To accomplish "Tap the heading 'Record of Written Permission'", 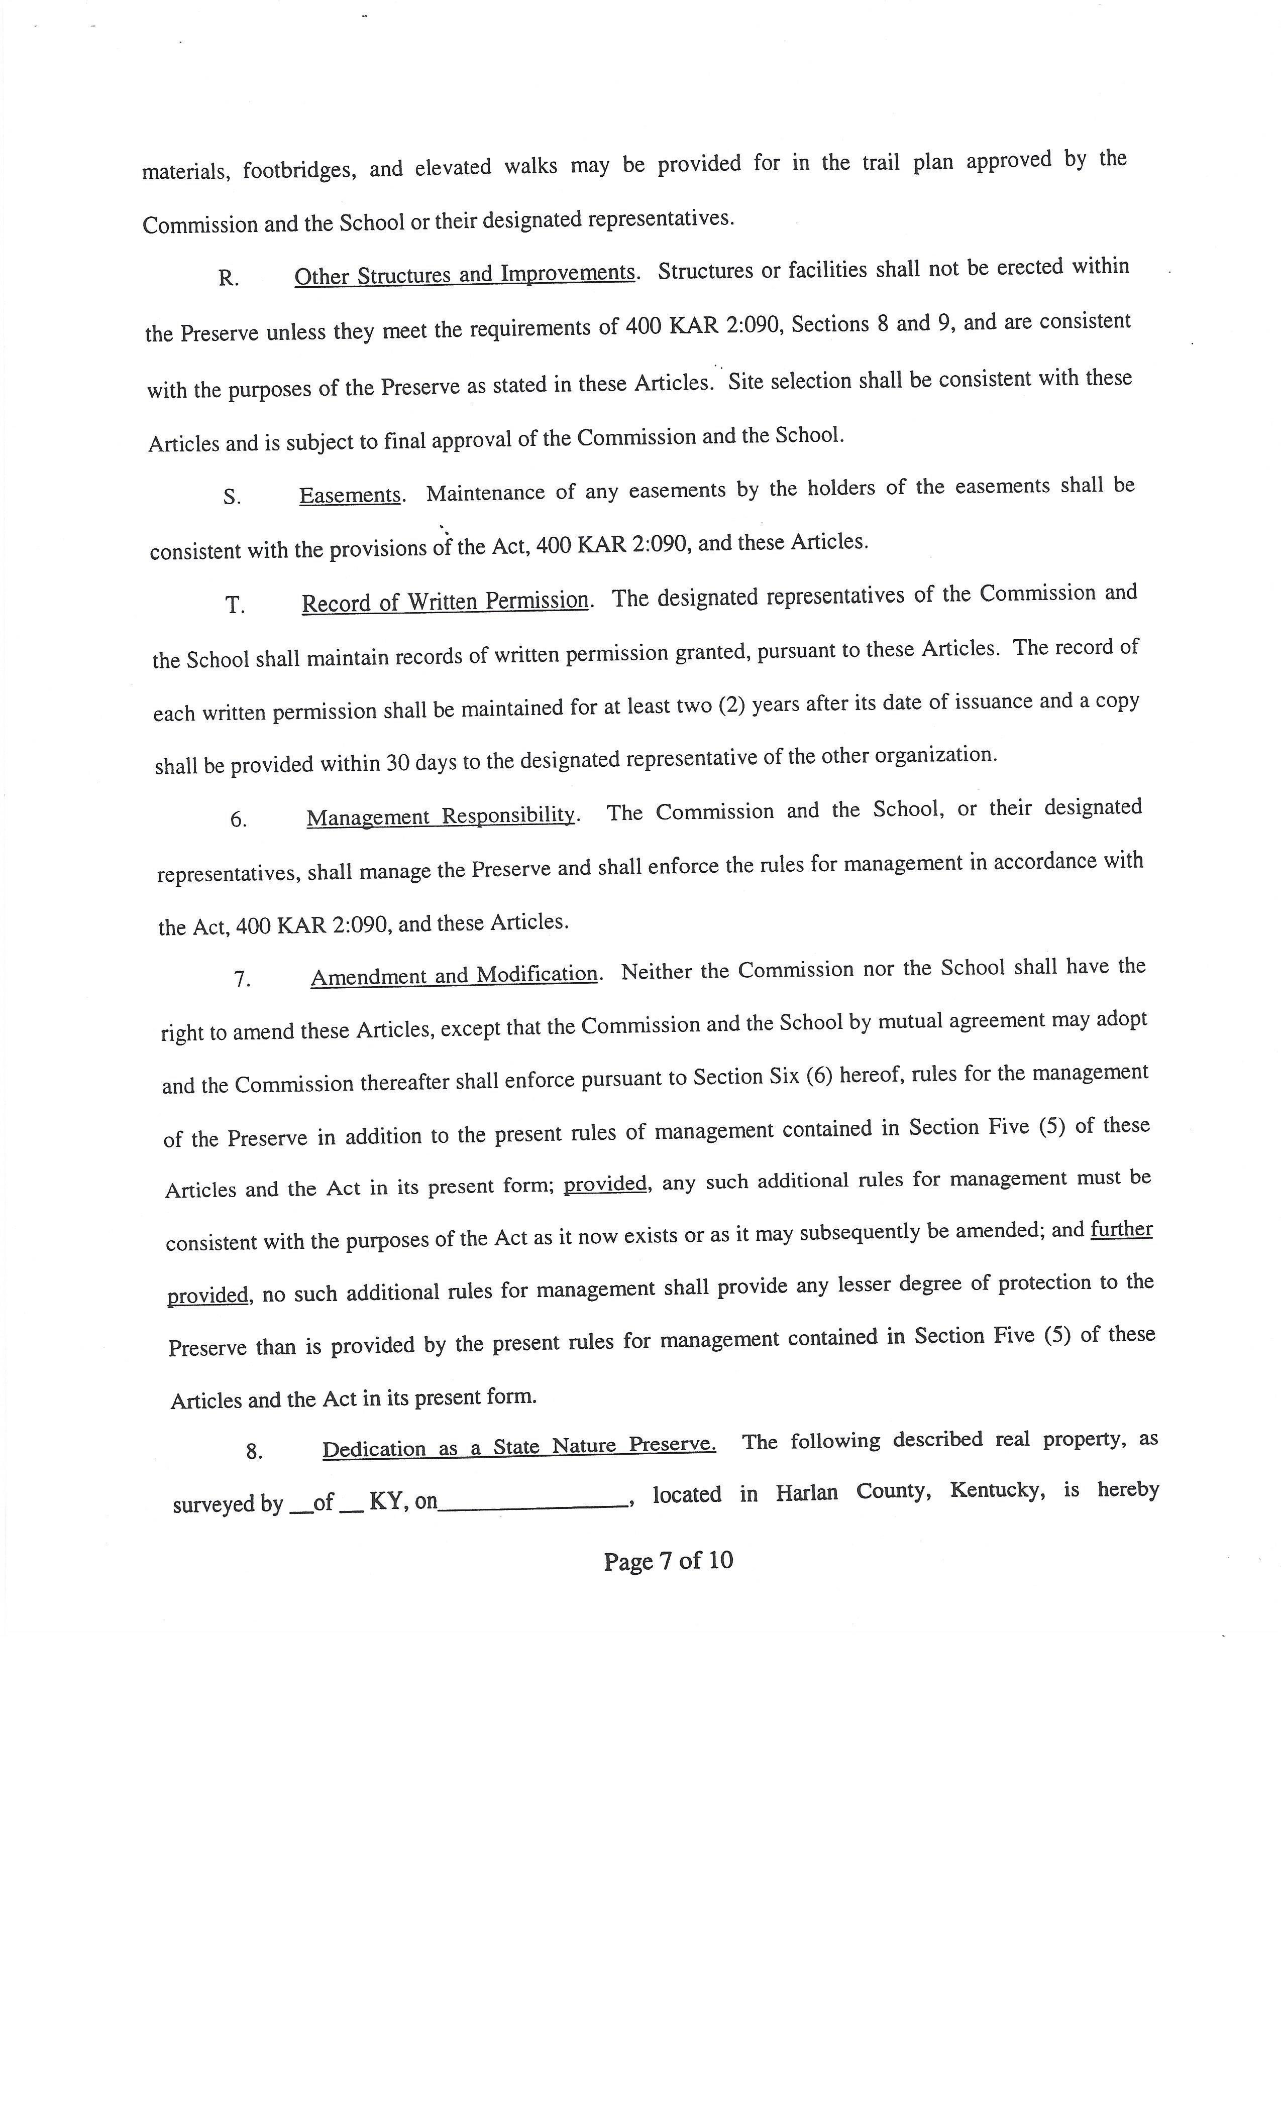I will (445, 602).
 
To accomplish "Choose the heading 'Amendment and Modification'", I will (454, 975).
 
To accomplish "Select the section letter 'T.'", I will (235, 606).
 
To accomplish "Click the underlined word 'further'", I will (1121, 1229).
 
